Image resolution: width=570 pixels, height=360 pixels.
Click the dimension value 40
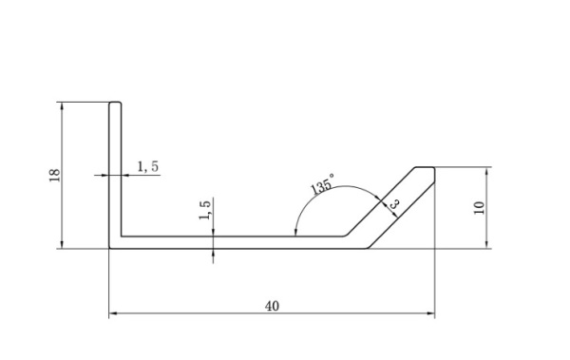tap(273, 306)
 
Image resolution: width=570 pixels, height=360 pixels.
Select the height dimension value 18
tap(54, 176)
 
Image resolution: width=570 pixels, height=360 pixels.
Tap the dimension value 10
tap(480, 207)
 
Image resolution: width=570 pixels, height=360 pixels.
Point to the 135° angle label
tap(322, 184)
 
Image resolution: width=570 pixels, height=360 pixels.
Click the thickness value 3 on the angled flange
tap(394, 203)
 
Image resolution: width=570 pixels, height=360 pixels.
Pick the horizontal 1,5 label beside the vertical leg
tap(148, 166)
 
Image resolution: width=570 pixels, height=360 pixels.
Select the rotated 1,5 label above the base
tap(204, 210)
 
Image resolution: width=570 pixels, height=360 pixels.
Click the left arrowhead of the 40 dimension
tap(113, 313)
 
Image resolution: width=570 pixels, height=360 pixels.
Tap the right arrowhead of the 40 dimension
tap(430, 313)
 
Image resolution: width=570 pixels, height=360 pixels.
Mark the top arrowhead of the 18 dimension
tap(62, 106)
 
